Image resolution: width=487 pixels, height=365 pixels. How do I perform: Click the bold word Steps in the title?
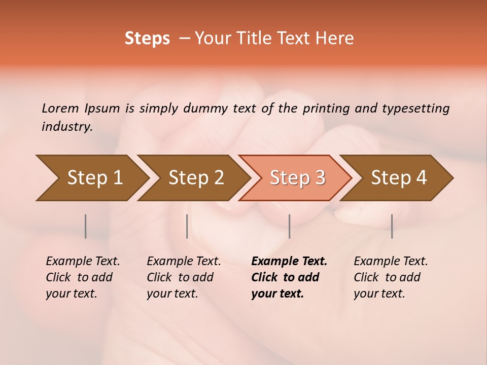[147, 39]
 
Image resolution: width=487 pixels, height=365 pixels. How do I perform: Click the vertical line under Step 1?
[86, 226]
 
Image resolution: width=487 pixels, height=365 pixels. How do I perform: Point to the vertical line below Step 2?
[187, 226]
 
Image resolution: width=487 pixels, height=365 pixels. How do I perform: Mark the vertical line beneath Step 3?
[289, 226]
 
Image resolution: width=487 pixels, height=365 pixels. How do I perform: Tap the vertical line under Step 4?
[392, 226]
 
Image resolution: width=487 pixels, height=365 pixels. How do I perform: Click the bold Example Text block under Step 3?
[289, 277]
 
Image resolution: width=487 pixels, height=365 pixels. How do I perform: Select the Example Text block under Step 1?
[83, 277]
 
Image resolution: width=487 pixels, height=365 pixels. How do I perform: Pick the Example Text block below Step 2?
[184, 277]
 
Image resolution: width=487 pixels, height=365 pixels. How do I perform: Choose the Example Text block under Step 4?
[391, 277]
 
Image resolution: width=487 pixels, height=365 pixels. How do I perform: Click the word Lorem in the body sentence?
[60, 108]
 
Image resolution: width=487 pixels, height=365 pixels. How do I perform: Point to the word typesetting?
[415, 108]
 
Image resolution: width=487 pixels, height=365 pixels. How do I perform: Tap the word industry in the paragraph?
[66, 127]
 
